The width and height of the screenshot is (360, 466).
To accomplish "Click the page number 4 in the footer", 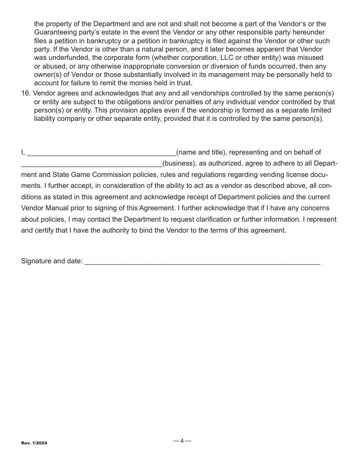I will pos(182,441).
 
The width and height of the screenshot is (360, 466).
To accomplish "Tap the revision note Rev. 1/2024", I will pos(34,443).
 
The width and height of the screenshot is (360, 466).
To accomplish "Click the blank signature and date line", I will pos(202,262).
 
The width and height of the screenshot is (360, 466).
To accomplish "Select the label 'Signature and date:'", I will pos(52,261).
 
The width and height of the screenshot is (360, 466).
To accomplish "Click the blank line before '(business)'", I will pos(91,164).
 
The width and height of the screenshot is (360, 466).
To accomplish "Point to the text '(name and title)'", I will pos(201,152).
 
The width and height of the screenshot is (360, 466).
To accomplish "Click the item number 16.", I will pos(26,94).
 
